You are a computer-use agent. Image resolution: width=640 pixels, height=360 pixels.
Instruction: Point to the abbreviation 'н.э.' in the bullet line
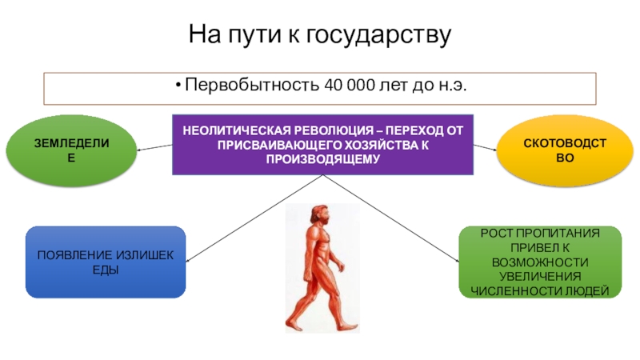click(x=450, y=85)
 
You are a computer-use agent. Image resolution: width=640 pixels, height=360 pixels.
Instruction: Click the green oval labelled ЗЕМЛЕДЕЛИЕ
click(x=71, y=150)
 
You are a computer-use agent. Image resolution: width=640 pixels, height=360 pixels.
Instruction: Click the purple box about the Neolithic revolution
click(x=322, y=144)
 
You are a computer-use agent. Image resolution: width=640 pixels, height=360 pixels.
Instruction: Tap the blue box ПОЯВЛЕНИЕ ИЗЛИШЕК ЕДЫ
click(x=106, y=262)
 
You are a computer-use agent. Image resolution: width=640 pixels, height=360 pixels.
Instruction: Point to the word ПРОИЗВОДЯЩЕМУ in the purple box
click(x=322, y=158)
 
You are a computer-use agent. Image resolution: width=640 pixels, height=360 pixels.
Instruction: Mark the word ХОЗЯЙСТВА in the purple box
click(x=368, y=144)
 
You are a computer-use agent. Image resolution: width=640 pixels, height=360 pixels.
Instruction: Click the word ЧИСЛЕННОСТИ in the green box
click(x=509, y=290)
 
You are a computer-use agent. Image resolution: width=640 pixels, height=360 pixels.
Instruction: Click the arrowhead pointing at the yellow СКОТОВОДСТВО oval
click(x=495, y=150)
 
